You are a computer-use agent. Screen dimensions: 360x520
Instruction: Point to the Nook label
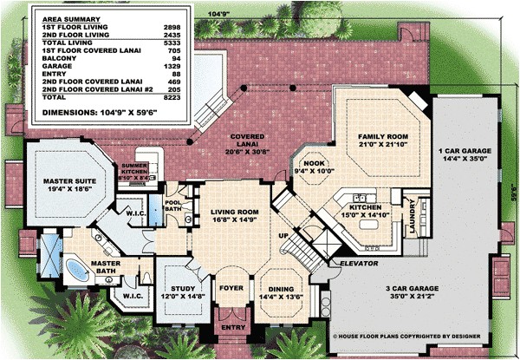point(314,167)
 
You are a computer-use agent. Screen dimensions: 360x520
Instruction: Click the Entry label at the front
point(231,328)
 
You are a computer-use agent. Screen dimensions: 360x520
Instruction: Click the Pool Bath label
point(174,205)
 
